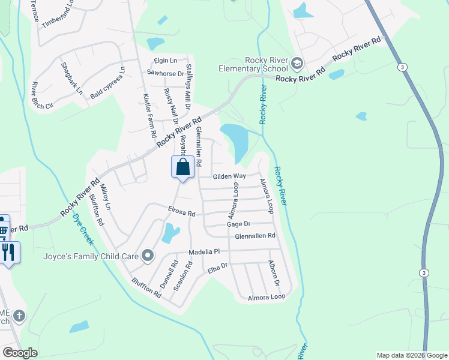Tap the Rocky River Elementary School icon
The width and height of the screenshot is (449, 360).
[x=297, y=64]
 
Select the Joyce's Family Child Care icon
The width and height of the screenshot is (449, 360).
[x=148, y=256]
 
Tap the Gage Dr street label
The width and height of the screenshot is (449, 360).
[x=239, y=224]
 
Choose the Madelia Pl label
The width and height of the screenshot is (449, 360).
[x=205, y=252]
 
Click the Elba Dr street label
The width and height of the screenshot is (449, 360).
[x=218, y=268]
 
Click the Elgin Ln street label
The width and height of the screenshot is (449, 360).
[x=166, y=61]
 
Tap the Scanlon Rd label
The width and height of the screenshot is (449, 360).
[x=182, y=276]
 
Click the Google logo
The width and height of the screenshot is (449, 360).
[x=20, y=353]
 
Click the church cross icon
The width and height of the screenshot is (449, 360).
[x=19, y=315]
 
